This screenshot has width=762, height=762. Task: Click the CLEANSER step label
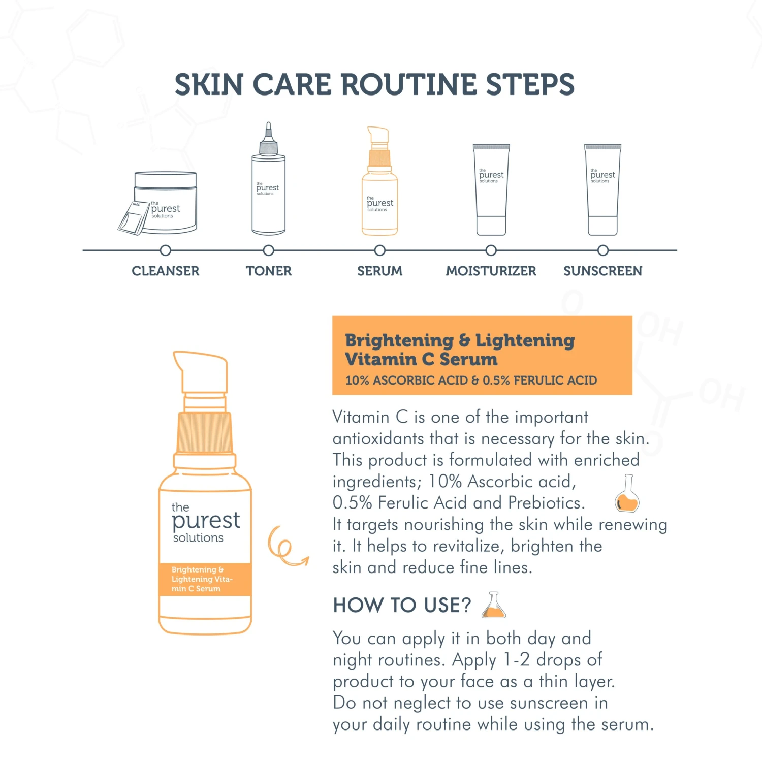tap(166, 271)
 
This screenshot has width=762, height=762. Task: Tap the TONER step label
tap(269, 271)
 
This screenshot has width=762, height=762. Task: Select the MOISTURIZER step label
tap(491, 271)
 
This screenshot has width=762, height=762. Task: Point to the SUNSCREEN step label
tap(602, 271)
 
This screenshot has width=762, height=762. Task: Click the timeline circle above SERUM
tap(379, 250)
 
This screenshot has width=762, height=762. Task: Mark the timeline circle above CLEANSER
tap(165, 250)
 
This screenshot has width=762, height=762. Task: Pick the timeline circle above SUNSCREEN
tap(602, 250)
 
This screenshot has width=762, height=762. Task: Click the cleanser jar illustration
tap(165, 202)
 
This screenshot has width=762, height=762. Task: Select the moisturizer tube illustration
tap(491, 189)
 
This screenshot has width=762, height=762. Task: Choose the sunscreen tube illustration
tap(602, 189)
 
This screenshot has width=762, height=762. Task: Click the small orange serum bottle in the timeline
tap(379, 181)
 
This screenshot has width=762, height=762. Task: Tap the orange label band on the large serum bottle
tap(205, 579)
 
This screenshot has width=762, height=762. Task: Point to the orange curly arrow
tap(287, 546)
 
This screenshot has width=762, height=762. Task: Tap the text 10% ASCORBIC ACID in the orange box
tap(406, 380)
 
